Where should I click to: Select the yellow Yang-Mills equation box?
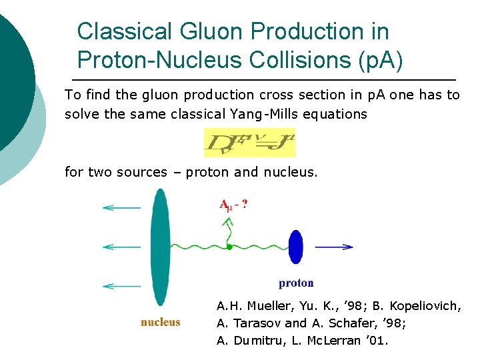pyautogui.click(x=249, y=143)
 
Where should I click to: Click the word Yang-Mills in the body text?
pyautogui.click(x=263, y=114)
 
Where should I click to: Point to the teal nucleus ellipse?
pyautogui.click(x=159, y=247)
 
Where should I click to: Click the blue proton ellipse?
pyautogui.click(x=295, y=247)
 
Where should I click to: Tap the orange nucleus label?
pyautogui.click(x=161, y=322)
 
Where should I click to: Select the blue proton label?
pyautogui.click(x=296, y=283)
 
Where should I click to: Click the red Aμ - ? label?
pyautogui.click(x=234, y=205)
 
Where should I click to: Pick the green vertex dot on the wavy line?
pyautogui.click(x=229, y=247)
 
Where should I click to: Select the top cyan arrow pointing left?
pyautogui.click(x=121, y=208)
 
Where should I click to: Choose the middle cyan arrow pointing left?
pyautogui.click(x=121, y=247)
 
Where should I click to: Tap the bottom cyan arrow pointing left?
pyautogui.click(x=121, y=286)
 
